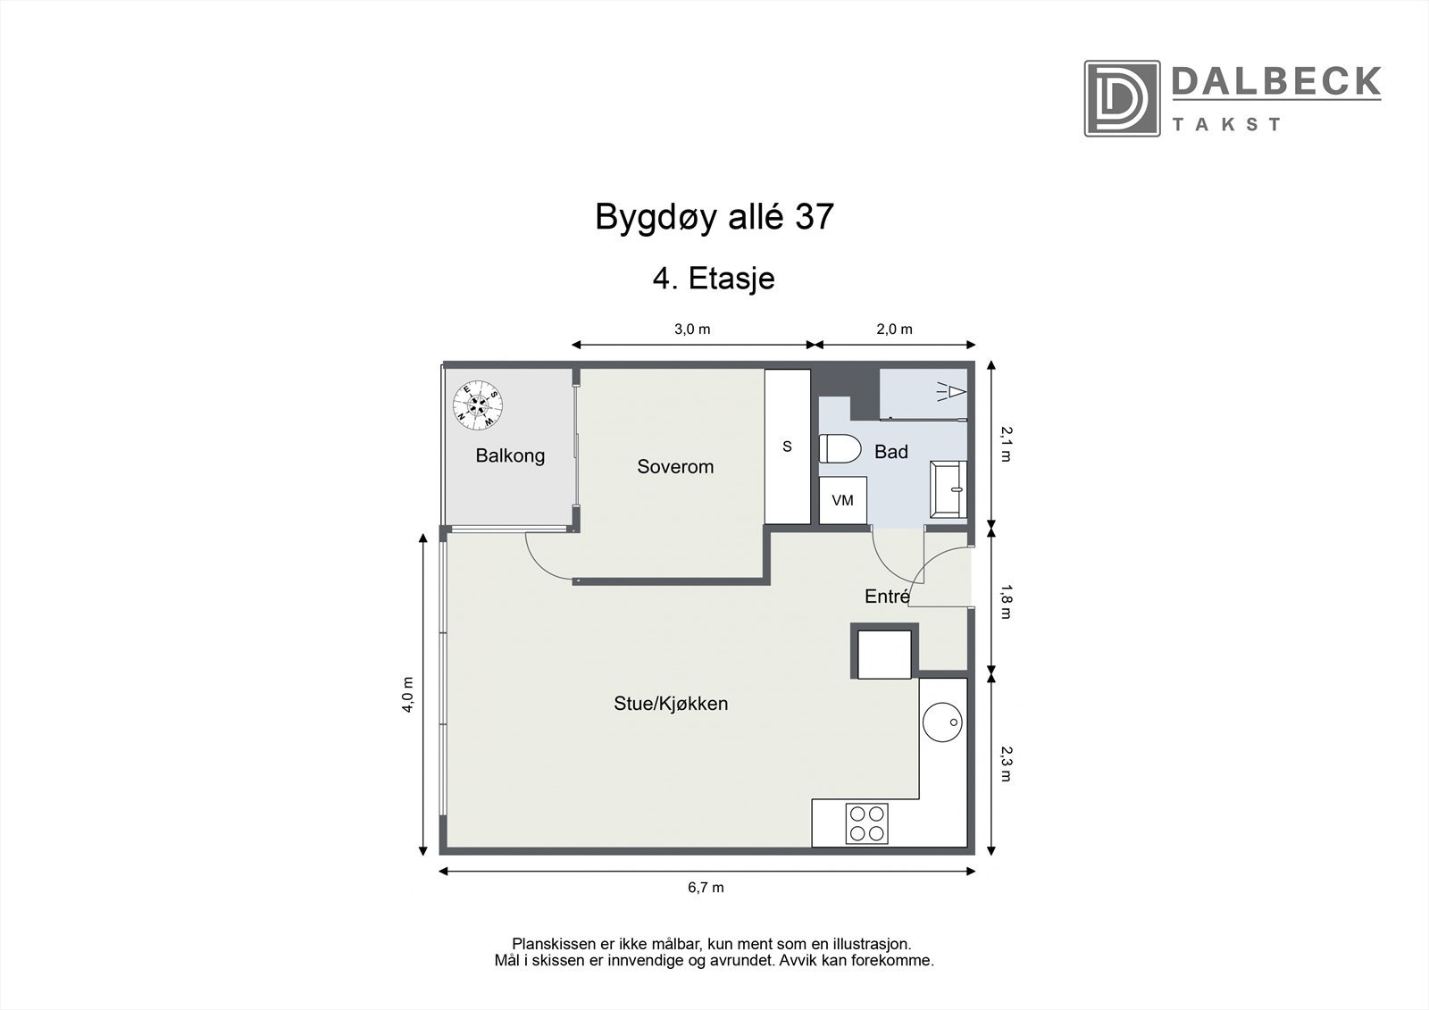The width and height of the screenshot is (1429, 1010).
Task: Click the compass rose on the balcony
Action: pos(478,404)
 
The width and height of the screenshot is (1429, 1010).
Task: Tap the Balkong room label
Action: pos(510,455)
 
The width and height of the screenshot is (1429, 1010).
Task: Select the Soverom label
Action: pos(675,466)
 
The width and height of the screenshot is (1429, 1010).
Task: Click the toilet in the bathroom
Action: pos(840,449)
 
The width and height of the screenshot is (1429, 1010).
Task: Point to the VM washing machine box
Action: pos(842,501)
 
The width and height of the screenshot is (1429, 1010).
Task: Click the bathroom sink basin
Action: pos(948,489)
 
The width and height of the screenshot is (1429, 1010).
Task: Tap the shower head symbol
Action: pos(952,391)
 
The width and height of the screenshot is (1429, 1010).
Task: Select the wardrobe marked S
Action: pos(787,447)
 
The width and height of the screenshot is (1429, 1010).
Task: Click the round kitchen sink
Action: pos(943,722)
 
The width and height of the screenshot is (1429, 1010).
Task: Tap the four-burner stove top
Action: pos(867,823)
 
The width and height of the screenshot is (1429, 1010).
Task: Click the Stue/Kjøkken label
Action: pos(671,704)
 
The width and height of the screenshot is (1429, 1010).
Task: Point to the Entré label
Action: pos(886,597)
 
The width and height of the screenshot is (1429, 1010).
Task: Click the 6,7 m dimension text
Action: pos(706,888)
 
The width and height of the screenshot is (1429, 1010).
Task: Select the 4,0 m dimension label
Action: pos(408,692)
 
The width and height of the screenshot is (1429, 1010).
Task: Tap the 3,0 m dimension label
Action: pos(692,329)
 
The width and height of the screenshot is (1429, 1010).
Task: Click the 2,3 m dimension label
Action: pos(1006,764)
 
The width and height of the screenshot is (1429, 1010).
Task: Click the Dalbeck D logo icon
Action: pos(1122,98)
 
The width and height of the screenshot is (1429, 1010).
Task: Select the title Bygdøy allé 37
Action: pos(714,217)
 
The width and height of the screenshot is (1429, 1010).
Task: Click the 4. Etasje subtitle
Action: pos(714,279)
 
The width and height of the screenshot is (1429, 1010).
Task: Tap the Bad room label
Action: pos(890,452)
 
